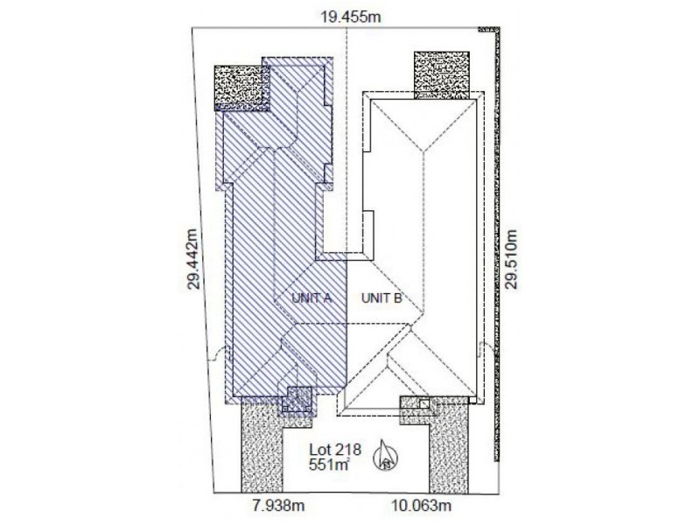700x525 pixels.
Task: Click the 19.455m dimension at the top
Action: coord(351,17)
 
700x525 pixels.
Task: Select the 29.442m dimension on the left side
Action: coord(192,259)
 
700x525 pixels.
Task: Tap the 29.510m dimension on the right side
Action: coord(512,259)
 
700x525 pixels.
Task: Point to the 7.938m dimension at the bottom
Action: coord(278,506)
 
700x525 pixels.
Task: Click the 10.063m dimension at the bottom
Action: coord(422,506)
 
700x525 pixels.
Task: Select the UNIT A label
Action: coord(311,297)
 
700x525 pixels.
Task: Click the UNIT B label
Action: coord(381,297)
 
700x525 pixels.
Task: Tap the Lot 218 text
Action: coord(335,449)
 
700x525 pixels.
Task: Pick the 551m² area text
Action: coord(329,465)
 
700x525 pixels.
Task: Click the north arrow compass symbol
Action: coord(384,455)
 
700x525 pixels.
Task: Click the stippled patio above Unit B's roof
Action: coord(442,74)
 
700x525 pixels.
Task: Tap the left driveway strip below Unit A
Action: coord(262,447)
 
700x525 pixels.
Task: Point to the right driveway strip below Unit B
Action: coord(449,447)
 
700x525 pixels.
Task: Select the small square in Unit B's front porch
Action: coord(425,404)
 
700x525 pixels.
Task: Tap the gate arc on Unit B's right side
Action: coord(486,347)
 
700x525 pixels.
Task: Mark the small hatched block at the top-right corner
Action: coord(489,30)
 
